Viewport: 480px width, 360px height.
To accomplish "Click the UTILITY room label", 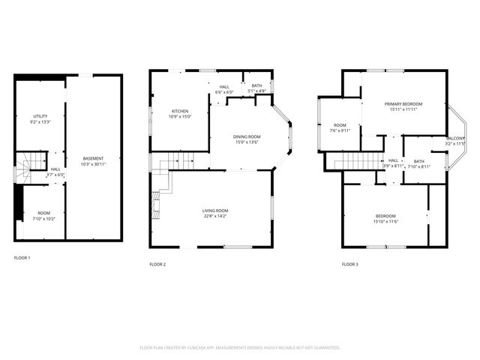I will point(40,116).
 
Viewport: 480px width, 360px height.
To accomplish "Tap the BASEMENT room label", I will point(94,158).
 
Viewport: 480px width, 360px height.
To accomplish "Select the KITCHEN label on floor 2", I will point(178,111).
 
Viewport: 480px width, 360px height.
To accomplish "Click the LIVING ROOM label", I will point(215,211).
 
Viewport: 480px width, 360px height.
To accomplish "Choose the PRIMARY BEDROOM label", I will point(403,103).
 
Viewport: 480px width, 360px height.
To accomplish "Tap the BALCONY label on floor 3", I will point(455,139).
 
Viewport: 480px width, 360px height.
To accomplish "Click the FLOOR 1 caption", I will point(22,257).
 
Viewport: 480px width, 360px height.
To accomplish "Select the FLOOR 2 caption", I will point(157,264).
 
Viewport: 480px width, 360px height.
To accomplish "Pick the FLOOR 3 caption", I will point(350,264).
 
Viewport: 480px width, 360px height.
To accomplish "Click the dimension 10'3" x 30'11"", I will point(94,163).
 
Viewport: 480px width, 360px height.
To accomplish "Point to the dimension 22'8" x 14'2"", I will point(215,216).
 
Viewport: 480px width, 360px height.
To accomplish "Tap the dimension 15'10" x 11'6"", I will point(386,221).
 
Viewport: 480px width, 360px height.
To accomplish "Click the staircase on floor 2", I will point(179,160).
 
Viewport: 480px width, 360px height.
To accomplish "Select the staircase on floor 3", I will point(358,160).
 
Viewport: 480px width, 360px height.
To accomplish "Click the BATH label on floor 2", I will point(257,86).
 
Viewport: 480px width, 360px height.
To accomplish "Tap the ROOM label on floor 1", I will point(43,213).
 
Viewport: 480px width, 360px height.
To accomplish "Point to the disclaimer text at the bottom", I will point(240,348).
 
